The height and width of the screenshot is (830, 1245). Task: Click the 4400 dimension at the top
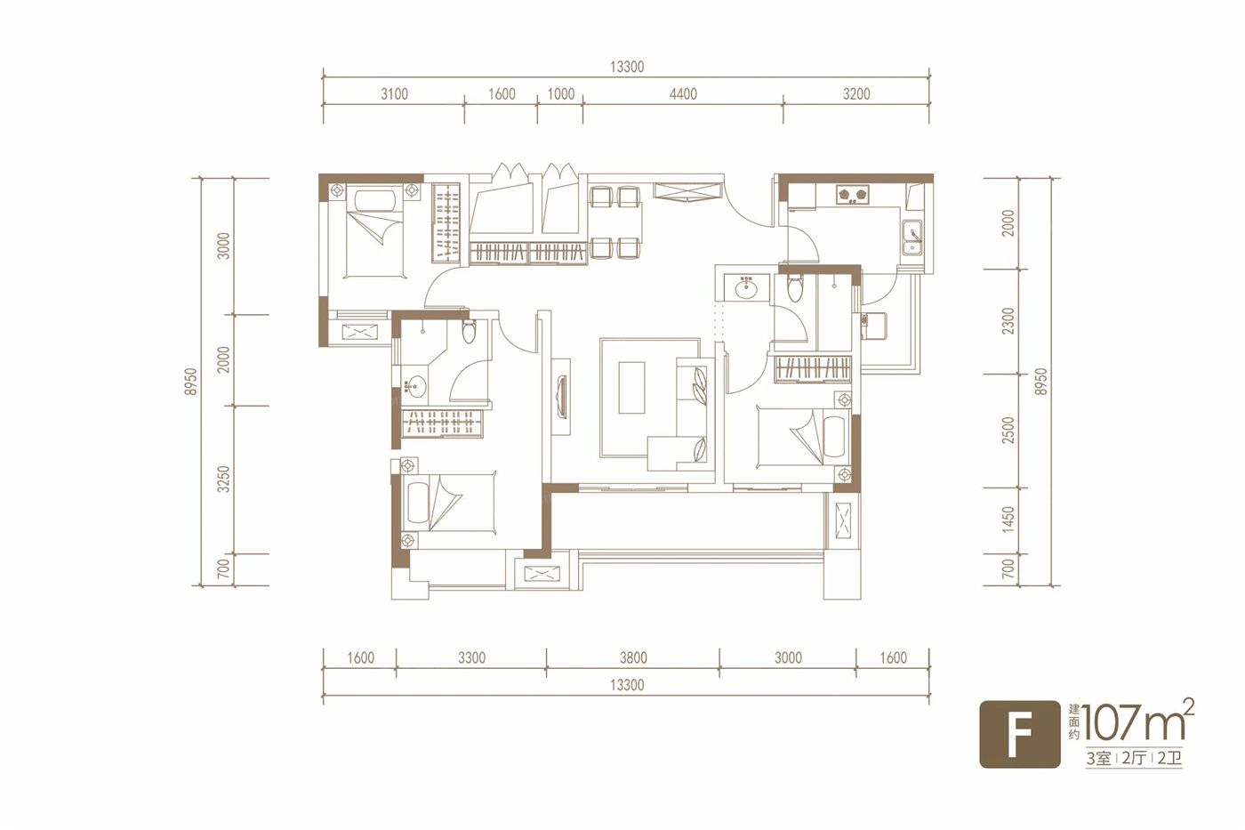pos(683,94)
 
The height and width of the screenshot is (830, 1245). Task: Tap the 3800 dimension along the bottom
pos(633,657)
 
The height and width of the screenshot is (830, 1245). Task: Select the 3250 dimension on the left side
pos(223,479)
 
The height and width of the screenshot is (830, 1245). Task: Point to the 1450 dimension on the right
pos(1008,520)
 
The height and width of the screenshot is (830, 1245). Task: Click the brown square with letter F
pos(1019,735)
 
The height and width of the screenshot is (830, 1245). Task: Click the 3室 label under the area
pos(1099,758)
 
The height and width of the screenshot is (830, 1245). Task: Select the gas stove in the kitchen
pos(853,195)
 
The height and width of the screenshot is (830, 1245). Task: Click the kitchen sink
pos(912,238)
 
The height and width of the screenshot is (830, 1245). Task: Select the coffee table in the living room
pos(631,388)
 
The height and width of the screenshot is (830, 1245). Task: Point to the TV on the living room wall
pos(561,395)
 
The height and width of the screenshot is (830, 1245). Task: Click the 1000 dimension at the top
pos(560,94)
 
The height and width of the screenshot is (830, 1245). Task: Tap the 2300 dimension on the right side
pos(1008,321)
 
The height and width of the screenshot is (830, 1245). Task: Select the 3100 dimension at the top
pos(394,94)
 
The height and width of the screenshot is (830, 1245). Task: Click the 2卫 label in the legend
pos(1169,758)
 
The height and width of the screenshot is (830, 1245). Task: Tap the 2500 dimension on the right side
pos(1008,431)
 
